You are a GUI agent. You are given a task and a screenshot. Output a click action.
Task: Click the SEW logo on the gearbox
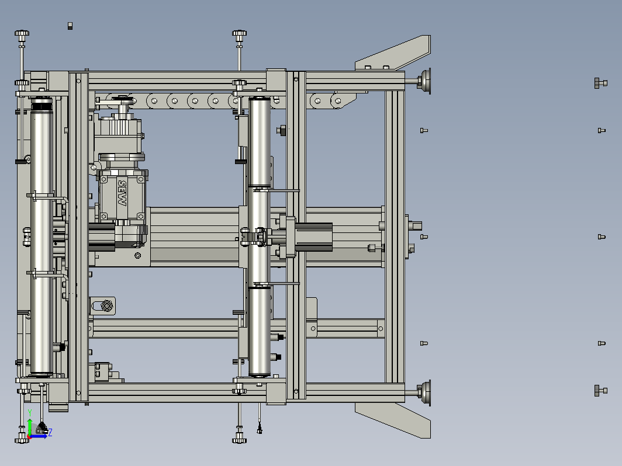(122, 193)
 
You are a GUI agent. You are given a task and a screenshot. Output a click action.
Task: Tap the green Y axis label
(30, 413)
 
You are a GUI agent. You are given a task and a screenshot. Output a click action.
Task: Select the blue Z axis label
(50, 432)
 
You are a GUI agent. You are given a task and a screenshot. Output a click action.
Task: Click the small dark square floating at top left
(70, 26)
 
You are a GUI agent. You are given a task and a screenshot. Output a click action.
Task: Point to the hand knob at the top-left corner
(22, 34)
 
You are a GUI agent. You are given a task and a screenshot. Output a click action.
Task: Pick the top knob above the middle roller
(239, 34)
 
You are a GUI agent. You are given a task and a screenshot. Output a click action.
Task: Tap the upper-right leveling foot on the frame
(425, 81)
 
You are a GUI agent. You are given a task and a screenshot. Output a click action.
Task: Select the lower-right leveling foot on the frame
(425, 393)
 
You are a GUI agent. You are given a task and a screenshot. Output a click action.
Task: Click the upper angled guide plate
(393, 53)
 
